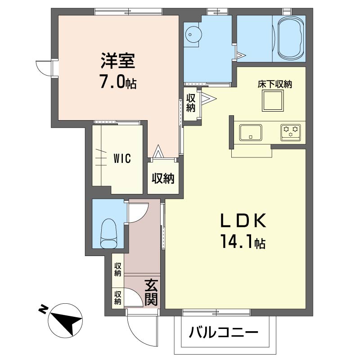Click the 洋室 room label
pyautogui.click(x=117, y=61)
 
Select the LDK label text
pyautogui.click(x=243, y=220)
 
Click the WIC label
pyautogui.click(x=122, y=158)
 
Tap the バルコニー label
pyautogui.click(x=224, y=332)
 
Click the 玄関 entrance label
pyautogui.click(x=151, y=292)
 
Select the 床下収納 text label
pyautogui.click(x=274, y=85)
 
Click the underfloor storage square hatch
pyautogui.click(x=273, y=101)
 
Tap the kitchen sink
pyautogui.click(x=251, y=133)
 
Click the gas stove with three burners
pyautogui.click(x=290, y=132)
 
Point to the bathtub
pyautogui.click(x=291, y=38)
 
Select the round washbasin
pyautogui.click(x=193, y=35)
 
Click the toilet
pyautogui.click(x=109, y=234)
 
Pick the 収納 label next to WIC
pyautogui.click(x=163, y=178)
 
